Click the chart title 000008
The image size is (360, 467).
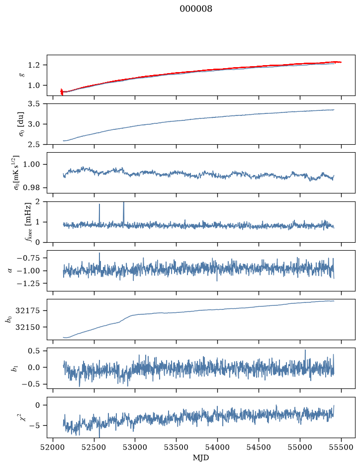pos(195,9)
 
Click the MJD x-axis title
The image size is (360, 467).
pos(201,458)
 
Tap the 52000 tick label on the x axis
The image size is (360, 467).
pos(53,447)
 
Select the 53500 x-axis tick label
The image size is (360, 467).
pos(177,447)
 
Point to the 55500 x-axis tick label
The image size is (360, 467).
pos(341,447)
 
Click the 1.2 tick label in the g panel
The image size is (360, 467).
pos(34,65)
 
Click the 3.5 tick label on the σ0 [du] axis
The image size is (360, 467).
pos(34,103)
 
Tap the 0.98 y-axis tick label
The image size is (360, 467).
pos(31,187)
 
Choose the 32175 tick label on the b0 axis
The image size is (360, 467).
pos(27,311)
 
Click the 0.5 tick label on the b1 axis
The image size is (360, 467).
pos(34,351)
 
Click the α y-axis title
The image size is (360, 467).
pos(10,271)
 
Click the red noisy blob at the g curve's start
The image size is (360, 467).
pos(62,92)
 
